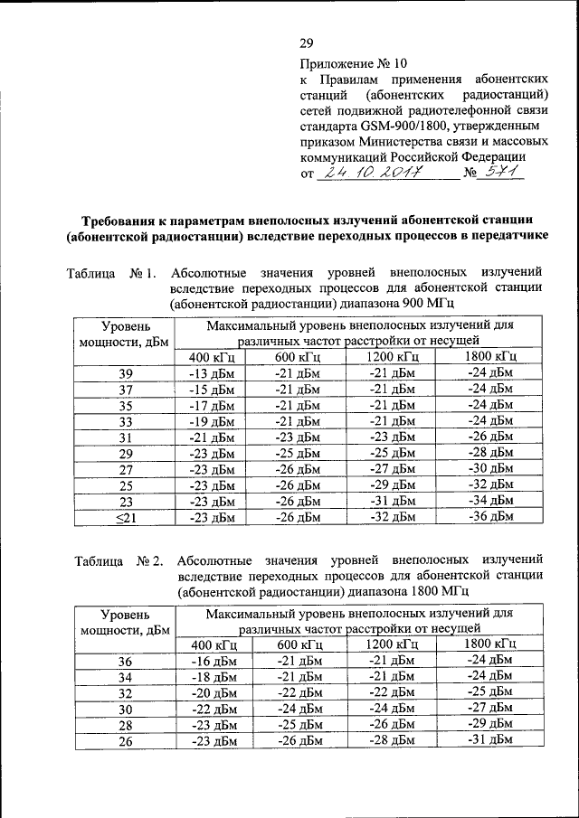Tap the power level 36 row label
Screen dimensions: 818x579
point(125,661)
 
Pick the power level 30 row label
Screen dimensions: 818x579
point(125,709)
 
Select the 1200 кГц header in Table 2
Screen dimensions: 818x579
point(391,644)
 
